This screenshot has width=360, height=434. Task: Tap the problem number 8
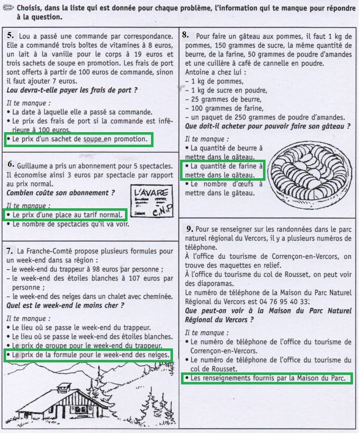coord(185,35)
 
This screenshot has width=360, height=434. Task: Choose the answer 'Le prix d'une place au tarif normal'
coord(66,215)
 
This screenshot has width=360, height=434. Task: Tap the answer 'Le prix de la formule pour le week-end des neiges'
coord(88,355)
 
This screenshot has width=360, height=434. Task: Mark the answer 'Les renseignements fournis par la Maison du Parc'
coord(266,378)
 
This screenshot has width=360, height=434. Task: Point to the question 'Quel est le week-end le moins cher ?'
coord(65,305)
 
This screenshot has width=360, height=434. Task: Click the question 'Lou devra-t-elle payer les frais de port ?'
coord(72,90)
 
